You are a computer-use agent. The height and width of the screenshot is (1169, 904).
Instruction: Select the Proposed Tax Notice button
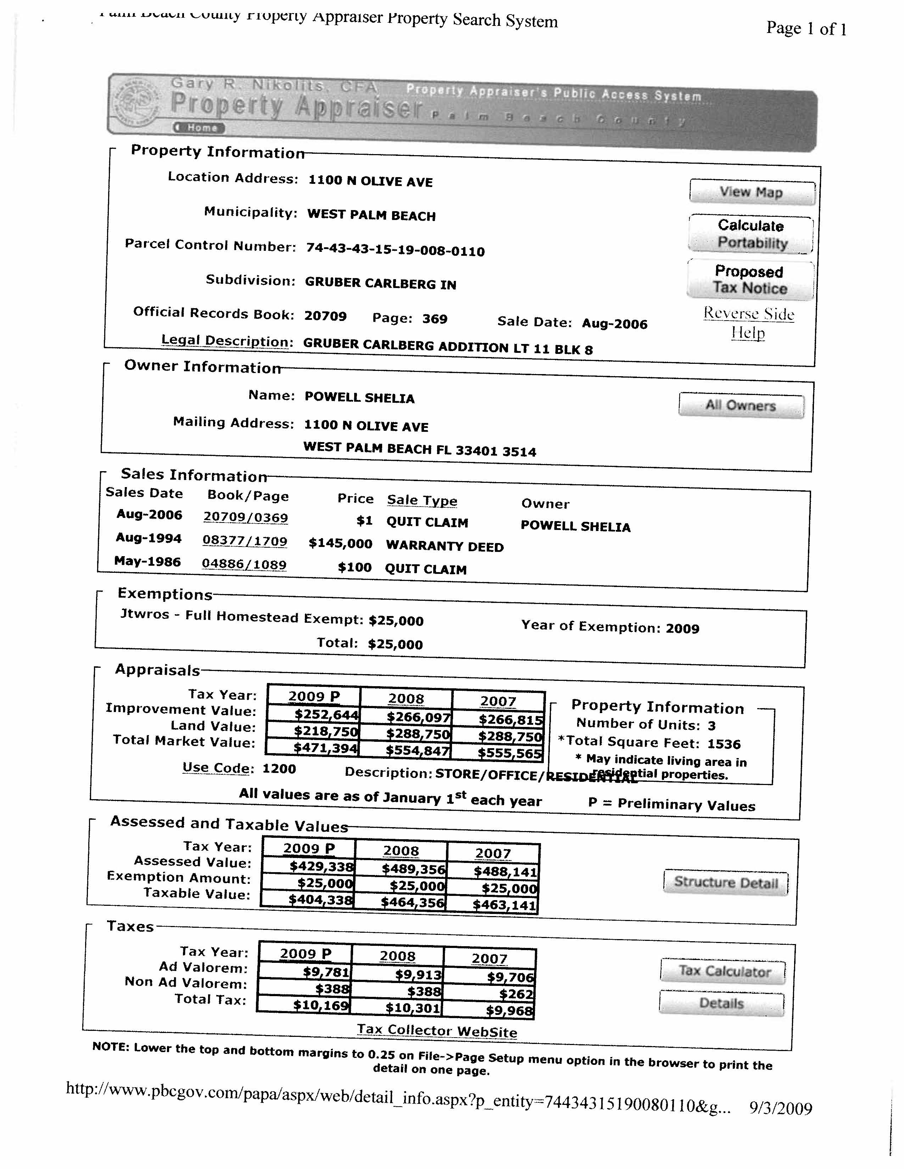(x=750, y=280)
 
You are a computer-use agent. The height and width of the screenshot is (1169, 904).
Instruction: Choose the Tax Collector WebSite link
(x=437, y=1031)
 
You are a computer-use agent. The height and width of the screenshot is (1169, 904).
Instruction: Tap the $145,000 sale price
(x=341, y=544)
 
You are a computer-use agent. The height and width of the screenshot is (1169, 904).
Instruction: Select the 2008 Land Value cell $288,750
(x=418, y=734)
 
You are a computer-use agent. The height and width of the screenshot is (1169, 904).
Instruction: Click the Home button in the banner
(x=199, y=128)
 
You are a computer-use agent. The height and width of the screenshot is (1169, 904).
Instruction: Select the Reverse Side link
(x=748, y=314)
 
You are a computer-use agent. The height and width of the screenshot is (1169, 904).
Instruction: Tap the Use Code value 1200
(x=279, y=769)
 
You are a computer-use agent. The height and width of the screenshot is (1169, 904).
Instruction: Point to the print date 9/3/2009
(x=780, y=1107)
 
